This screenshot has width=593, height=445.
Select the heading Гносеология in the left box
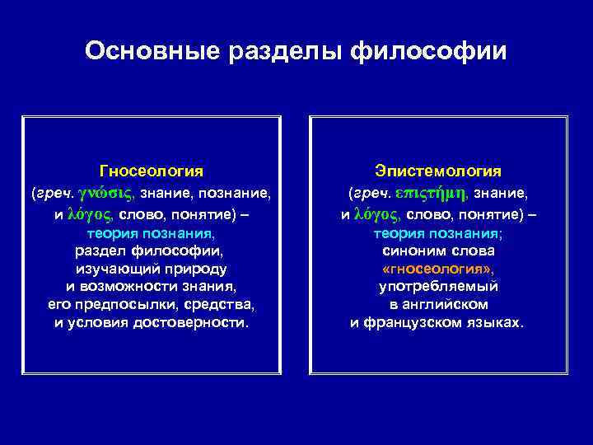coord(152,171)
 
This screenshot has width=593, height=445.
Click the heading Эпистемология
coord(438,171)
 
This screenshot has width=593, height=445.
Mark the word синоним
coord(410,251)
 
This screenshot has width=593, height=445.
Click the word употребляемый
coord(438,287)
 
